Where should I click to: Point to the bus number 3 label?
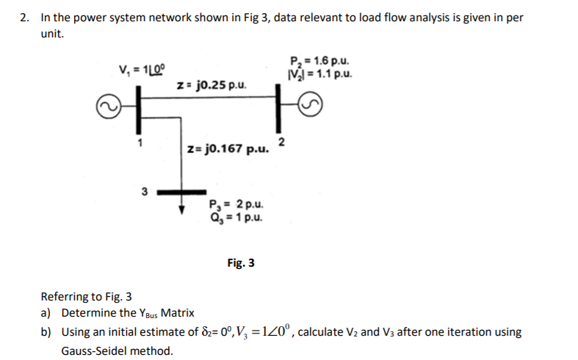pyautogui.click(x=144, y=192)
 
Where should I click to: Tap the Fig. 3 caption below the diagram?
pyautogui.click(x=241, y=262)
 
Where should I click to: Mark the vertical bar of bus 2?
pyautogui.click(x=279, y=107)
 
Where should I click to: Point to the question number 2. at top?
pyautogui.click(x=25, y=18)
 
